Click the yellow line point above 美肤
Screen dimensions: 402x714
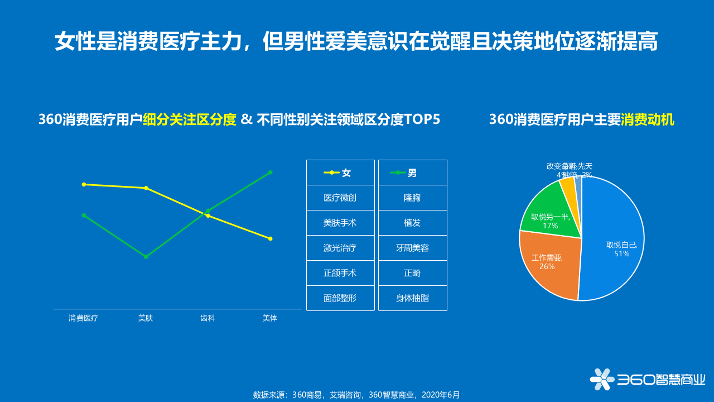(x=146, y=188)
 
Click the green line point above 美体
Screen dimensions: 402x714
(x=270, y=173)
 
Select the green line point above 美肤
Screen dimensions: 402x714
(x=146, y=257)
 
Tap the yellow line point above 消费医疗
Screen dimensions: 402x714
(x=84, y=184)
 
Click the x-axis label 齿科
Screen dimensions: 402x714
(x=208, y=318)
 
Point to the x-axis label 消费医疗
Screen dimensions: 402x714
(x=83, y=318)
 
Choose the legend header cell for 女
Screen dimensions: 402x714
(x=340, y=173)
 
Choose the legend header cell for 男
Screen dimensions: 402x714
(x=412, y=173)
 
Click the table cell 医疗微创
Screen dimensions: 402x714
(x=340, y=198)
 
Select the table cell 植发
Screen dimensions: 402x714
(x=412, y=223)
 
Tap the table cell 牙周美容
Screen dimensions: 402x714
(x=412, y=248)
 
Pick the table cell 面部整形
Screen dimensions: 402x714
(x=340, y=298)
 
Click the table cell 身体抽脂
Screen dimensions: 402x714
(x=412, y=298)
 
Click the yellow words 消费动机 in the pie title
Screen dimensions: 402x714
(x=647, y=120)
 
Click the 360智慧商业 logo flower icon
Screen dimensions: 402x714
(x=602, y=380)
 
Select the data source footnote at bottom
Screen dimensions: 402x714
(x=356, y=395)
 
